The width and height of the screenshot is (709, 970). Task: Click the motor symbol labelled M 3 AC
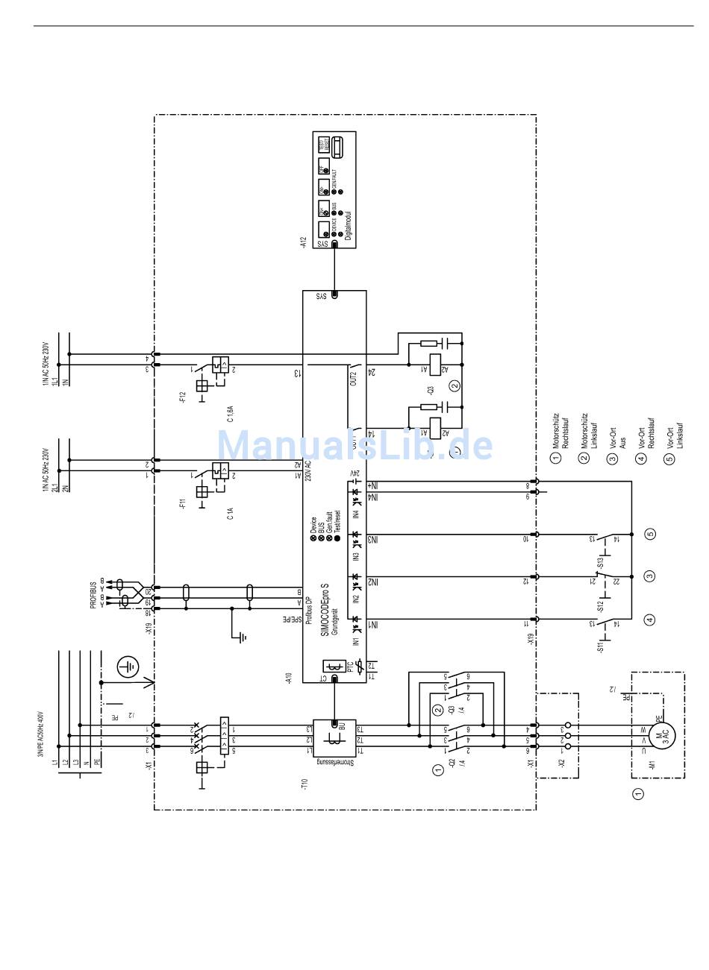pyautogui.click(x=660, y=734)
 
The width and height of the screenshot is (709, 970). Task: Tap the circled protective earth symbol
pyautogui.click(x=128, y=666)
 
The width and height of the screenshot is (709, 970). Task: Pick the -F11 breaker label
pyautogui.click(x=183, y=501)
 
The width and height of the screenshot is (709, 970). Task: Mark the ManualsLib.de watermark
pyautogui.click(x=354, y=445)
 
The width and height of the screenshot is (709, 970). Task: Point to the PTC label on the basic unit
pyautogui.click(x=349, y=666)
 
